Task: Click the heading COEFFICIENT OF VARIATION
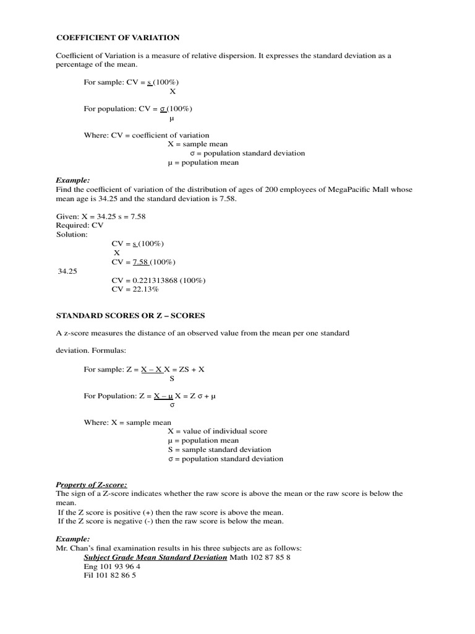(118, 38)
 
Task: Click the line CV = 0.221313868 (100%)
(158, 280)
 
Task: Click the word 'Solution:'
(72, 235)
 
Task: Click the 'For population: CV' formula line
(138, 109)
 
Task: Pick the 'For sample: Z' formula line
(144, 369)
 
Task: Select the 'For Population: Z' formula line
(149, 396)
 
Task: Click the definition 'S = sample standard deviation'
(219, 449)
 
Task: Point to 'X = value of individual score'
(217, 431)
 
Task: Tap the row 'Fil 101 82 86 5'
(109, 575)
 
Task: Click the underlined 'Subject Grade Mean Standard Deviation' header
(155, 557)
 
